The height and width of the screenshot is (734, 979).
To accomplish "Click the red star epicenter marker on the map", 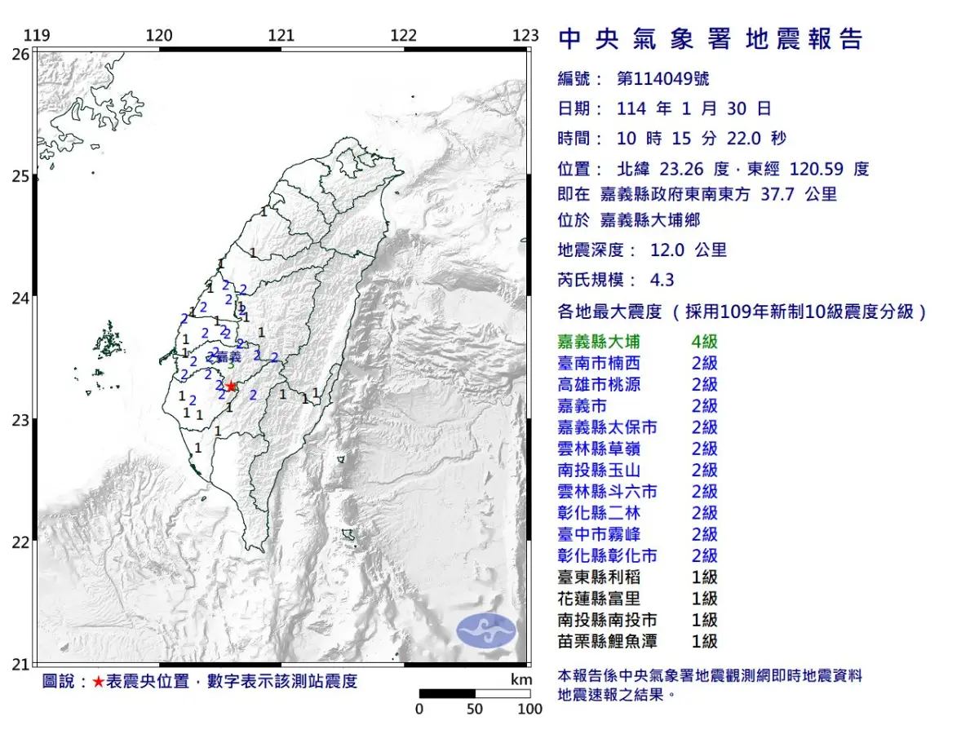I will [x=232, y=386].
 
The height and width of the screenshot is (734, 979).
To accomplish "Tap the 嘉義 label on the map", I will [x=229, y=356].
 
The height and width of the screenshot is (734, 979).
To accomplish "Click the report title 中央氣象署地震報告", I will [x=710, y=39].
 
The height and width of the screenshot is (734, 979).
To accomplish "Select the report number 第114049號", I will [x=662, y=78].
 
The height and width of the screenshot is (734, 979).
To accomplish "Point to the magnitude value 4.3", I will [x=662, y=280].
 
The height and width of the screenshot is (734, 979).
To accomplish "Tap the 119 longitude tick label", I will [x=37, y=35].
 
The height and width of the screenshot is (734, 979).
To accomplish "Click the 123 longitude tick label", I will [x=526, y=35].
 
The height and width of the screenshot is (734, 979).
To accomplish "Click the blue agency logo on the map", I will [x=486, y=632].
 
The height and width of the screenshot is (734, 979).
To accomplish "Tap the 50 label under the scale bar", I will [x=475, y=709].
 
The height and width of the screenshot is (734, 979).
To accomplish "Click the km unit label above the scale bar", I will [x=521, y=680].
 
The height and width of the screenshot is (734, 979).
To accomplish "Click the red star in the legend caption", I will [x=98, y=682].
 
